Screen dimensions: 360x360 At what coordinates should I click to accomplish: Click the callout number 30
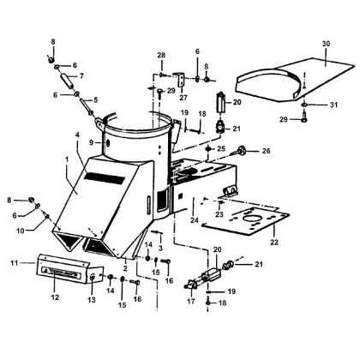[x=325, y=43]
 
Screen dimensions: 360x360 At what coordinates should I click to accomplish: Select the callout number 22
[x=274, y=243]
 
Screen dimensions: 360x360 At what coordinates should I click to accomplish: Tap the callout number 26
[x=266, y=152]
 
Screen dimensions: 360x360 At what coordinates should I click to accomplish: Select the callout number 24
[x=199, y=220]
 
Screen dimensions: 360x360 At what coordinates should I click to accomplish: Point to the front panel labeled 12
[x=64, y=273]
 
